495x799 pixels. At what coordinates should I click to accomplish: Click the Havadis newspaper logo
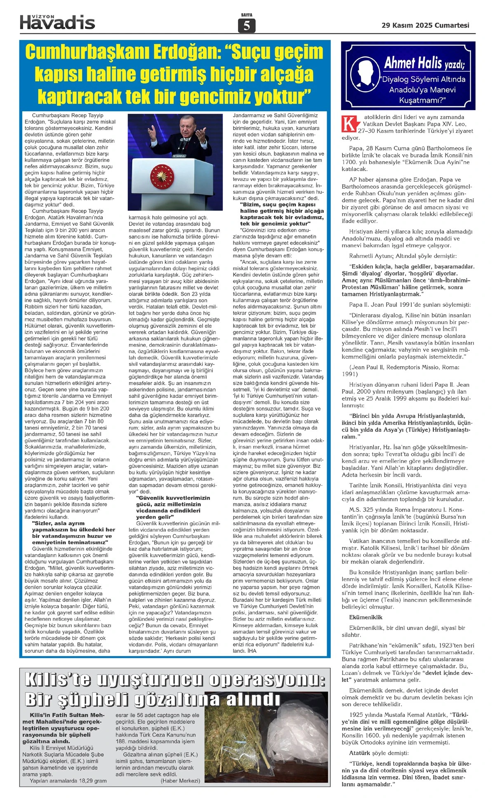pos(57,22)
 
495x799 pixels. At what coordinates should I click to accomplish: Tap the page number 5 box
pos(247,26)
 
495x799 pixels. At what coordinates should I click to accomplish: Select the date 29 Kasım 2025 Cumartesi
pos(425,26)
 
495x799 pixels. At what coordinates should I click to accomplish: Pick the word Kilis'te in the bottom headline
pos(57,680)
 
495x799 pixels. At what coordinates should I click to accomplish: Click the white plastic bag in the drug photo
pos(297,725)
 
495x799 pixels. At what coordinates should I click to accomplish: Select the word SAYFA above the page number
pos(247,15)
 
